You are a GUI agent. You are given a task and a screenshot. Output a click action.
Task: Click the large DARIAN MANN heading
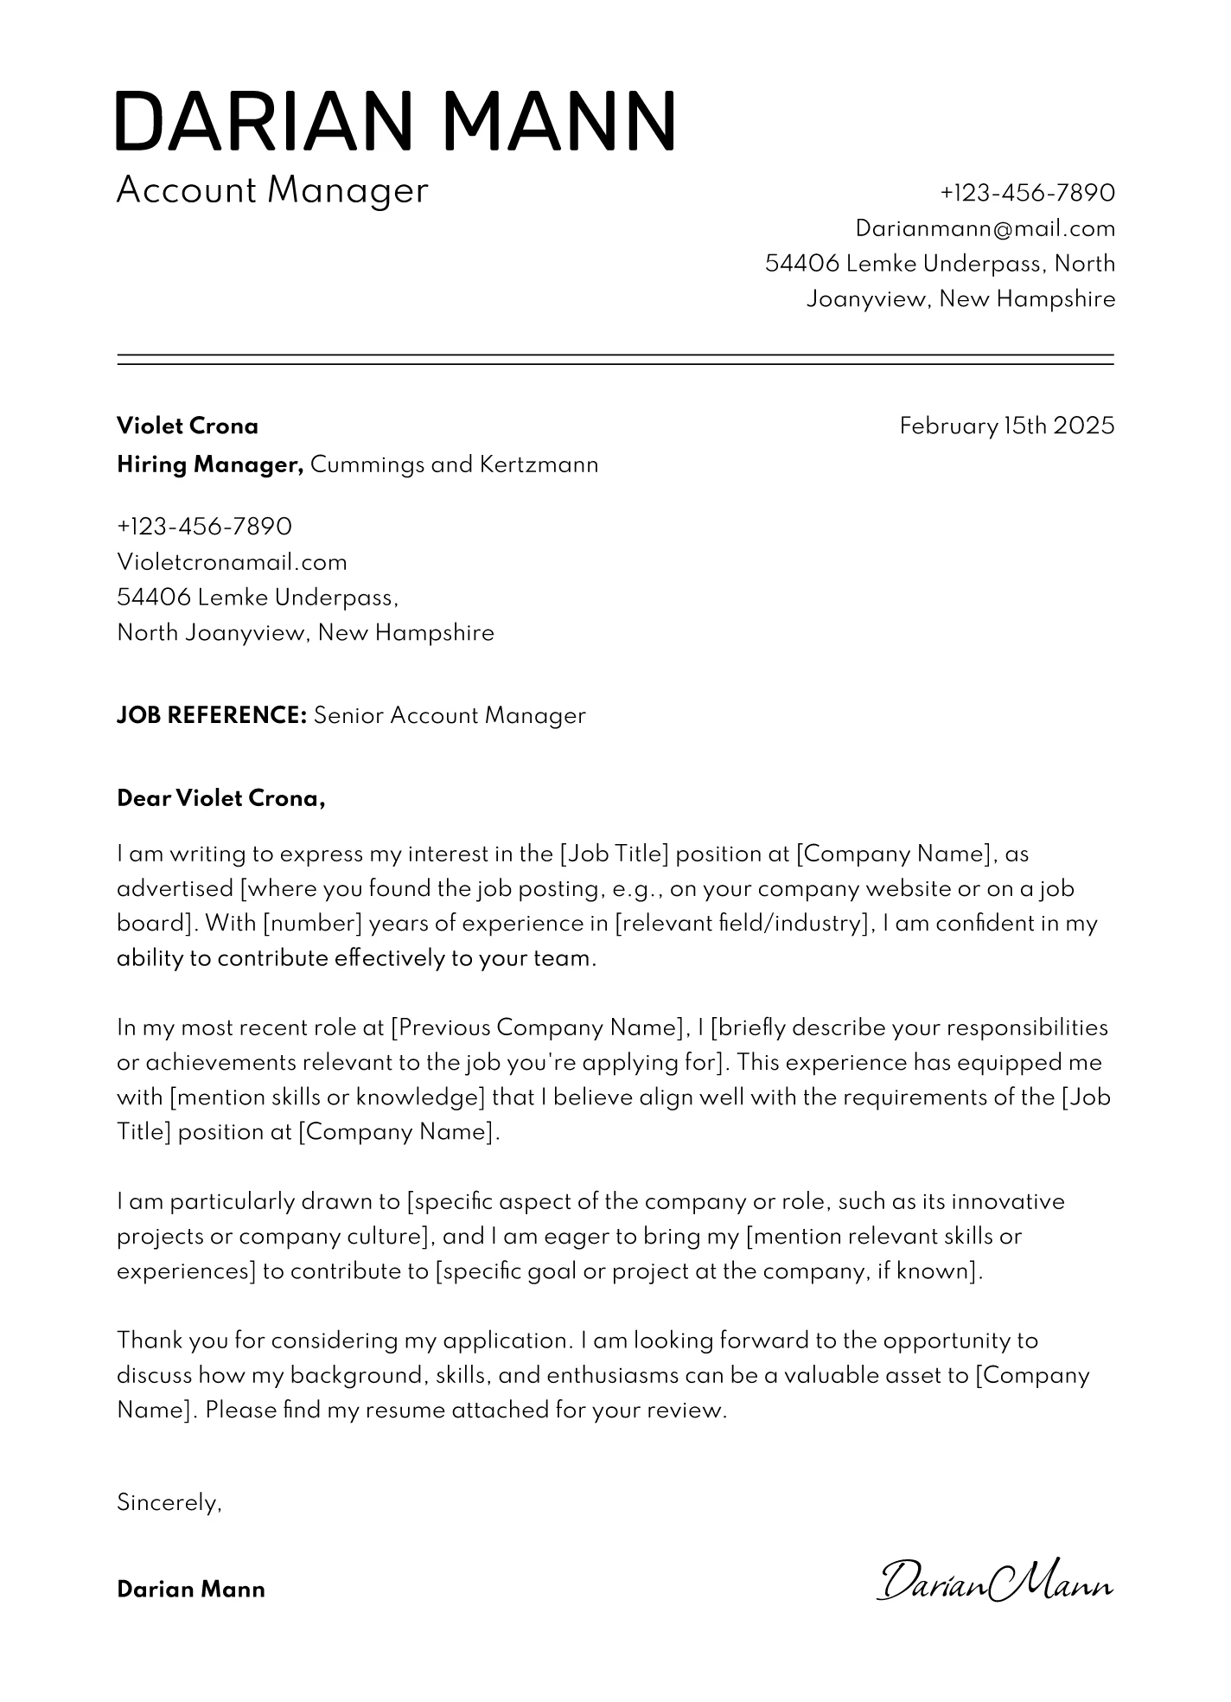click(x=395, y=121)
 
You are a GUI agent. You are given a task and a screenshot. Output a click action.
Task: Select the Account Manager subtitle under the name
click(x=272, y=190)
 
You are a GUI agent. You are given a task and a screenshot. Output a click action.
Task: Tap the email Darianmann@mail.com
click(x=985, y=228)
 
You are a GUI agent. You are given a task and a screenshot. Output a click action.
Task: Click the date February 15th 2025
click(x=1006, y=425)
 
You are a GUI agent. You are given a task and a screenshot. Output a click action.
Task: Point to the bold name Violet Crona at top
click(x=188, y=425)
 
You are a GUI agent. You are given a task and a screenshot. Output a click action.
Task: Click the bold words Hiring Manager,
click(x=210, y=465)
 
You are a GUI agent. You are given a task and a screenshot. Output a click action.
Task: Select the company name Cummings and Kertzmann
click(x=454, y=465)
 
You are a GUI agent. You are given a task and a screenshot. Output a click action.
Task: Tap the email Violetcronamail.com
click(x=232, y=562)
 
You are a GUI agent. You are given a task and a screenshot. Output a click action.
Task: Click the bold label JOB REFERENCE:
click(x=212, y=715)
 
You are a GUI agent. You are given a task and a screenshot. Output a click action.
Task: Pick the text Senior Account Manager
click(x=450, y=715)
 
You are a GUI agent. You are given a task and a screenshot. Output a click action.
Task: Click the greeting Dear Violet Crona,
click(x=220, y=798)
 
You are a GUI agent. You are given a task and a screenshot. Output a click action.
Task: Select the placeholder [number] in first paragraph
click(x=312, y=924)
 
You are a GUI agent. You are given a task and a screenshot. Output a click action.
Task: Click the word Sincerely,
click(x=169, y=1503)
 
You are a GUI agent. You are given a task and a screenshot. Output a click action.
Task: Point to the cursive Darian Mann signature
click(x=995, y=1582)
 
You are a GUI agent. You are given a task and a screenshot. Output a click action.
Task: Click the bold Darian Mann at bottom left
click(x=191, y=1590)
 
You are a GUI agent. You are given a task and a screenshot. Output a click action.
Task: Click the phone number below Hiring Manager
click(x=204, y=526)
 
